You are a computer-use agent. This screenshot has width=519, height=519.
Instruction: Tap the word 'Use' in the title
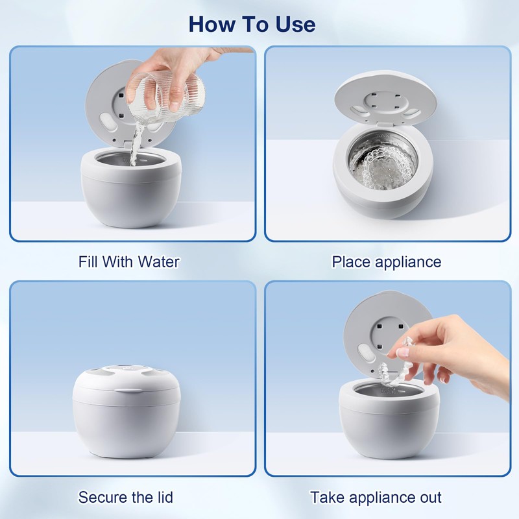296,24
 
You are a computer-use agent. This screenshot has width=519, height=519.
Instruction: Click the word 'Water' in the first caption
158,262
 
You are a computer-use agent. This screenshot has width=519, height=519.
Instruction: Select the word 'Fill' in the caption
88,262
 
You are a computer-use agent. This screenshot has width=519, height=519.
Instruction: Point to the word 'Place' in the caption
351,262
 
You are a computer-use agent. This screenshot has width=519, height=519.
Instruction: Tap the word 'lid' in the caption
164,497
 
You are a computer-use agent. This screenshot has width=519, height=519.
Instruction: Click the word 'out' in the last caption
428,497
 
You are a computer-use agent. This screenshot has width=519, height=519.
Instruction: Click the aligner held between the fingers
394,364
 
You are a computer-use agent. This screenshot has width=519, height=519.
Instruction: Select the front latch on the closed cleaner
127,391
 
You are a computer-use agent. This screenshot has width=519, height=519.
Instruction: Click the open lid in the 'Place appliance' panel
385,99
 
